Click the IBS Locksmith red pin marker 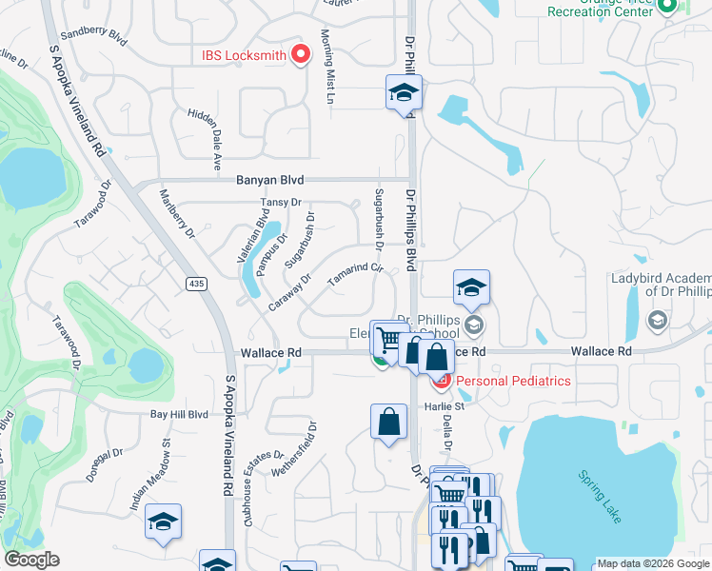point(302,54)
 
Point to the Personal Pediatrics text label point(514,381)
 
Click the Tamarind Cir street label point(355,275)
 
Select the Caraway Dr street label point(290,292)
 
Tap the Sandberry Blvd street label point(92,35)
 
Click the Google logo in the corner point(31,560)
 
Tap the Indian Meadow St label point(150,477)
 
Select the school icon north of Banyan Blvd point(404,92)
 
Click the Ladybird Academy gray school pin point(656,322)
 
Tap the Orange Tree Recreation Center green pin point(667,8)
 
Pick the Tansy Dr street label point(281,203)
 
